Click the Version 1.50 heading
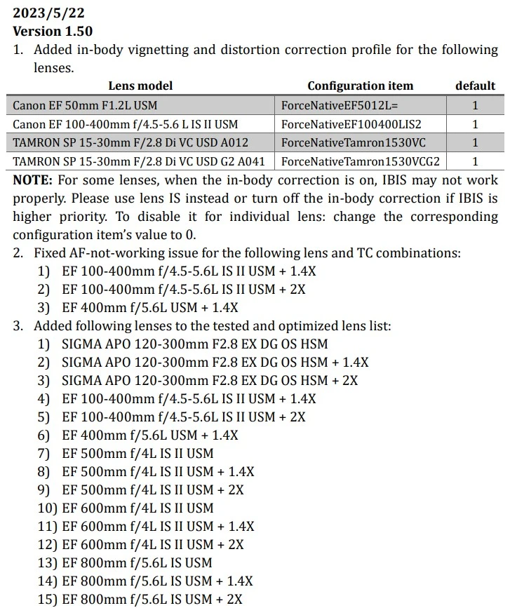(x=53, y=31)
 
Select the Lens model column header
(x=140, y=86)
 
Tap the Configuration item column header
(x=360, y=86)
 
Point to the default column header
(x=475, y=86)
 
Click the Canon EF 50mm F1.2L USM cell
(x=85, y=106)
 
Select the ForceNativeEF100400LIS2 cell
(x=351, y=124)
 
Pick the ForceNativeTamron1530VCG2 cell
(x=361, y=161)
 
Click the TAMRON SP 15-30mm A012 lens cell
(x=130, y=142)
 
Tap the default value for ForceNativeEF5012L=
(x=475, y=106)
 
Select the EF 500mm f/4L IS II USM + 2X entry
(x=153, y=489)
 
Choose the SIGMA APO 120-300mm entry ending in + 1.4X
(x=215, y=362)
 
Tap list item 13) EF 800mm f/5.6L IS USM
(x=137, y=562)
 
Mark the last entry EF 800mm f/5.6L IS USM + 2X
(x=152, y=599)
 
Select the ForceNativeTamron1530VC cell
(x=353, y=142)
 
